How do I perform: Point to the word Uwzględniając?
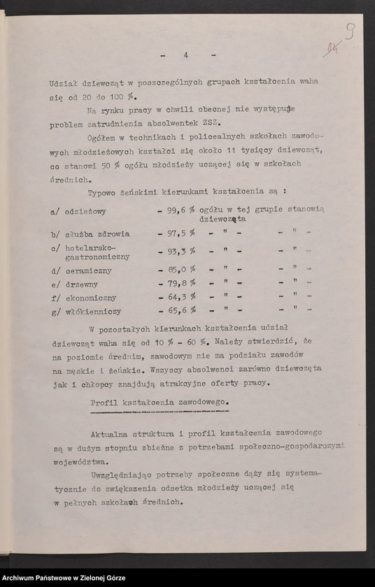click(x=120, y=477)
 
